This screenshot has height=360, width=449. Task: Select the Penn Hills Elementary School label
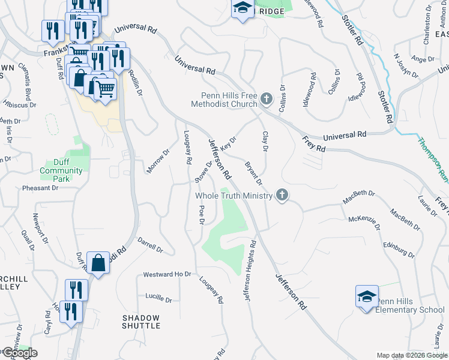(x=411, y=305)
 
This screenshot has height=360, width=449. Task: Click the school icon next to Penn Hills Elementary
(x=367, y=296)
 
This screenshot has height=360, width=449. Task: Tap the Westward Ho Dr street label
(x=167, y=275)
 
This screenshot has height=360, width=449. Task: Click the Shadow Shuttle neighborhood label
(x=142, y=322)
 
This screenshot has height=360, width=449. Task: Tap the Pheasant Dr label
(x=40, y=188)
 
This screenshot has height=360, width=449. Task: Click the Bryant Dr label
(x=253, y=172)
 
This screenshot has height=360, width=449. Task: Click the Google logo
(x=19, y=353)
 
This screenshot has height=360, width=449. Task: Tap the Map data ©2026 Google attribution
(x=412, y=355)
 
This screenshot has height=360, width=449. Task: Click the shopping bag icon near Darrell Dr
(x=98, y=262)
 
